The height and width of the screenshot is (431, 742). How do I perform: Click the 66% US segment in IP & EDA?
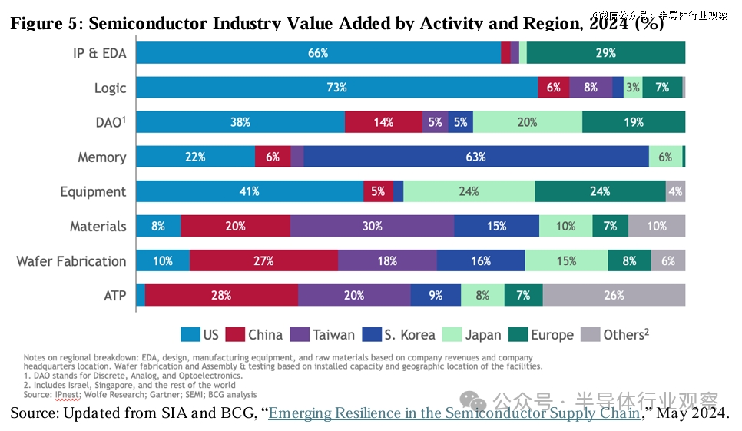(x=318, y=53)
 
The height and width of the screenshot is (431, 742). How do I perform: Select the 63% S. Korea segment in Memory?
(x=476, y=157)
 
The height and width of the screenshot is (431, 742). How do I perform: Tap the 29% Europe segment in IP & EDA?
(x=605, y=53)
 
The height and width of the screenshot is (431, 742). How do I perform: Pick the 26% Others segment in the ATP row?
(x=614, y=295)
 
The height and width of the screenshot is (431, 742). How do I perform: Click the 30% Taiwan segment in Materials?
(x=372, y=226)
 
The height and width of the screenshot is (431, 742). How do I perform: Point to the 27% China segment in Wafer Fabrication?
(x=263, y=260)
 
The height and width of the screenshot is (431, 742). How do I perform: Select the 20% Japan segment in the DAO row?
(x=528, y=122)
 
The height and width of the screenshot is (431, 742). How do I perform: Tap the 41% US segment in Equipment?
(x=250, y=191)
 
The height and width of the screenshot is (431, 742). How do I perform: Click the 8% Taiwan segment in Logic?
(x=590, y=88)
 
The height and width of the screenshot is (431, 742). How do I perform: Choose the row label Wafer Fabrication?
(x=71, y=261)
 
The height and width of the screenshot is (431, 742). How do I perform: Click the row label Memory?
(x=101, y=157)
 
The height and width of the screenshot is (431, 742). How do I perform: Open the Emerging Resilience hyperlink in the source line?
(x=454, y=413)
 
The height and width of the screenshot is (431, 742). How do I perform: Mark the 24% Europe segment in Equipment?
(x=600, y=191)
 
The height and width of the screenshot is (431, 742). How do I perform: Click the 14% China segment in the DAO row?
(x=383, y=122)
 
